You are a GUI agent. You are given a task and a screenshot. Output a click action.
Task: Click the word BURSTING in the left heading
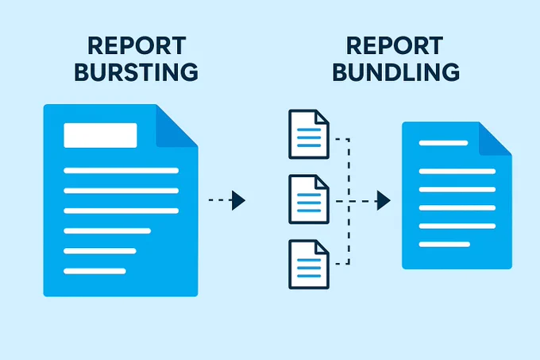(137, 72)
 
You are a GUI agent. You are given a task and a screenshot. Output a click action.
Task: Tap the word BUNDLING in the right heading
(396, 72)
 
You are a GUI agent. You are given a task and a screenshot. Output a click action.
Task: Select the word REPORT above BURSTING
(137, 46)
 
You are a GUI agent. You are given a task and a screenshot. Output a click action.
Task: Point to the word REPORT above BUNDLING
(395, 46)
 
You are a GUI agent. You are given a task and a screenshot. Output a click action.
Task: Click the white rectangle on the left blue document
(100, 135)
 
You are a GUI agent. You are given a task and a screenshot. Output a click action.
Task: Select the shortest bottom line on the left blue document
(94, 271)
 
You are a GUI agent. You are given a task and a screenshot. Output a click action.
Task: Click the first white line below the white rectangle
(121, 171)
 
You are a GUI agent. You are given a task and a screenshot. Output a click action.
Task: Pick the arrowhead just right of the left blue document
(238, 200)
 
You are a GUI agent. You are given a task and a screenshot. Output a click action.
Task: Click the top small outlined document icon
(309, 134)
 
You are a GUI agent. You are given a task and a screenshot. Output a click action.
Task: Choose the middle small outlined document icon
(309, 199)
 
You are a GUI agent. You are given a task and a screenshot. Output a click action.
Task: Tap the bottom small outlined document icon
(309, 265)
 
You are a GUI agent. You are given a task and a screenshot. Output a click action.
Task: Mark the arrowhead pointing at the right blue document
(384, 200)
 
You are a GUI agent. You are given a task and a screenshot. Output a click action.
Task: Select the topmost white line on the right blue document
(443, 143)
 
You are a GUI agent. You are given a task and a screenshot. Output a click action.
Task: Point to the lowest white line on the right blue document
(444, 245)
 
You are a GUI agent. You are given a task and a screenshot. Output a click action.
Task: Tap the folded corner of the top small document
(321, 118)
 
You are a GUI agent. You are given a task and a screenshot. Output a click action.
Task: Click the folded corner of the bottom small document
(321, 248)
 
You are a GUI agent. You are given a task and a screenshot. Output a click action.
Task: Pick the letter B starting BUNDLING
(340, 72)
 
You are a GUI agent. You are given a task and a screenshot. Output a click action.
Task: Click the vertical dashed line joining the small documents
(349, 202)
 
